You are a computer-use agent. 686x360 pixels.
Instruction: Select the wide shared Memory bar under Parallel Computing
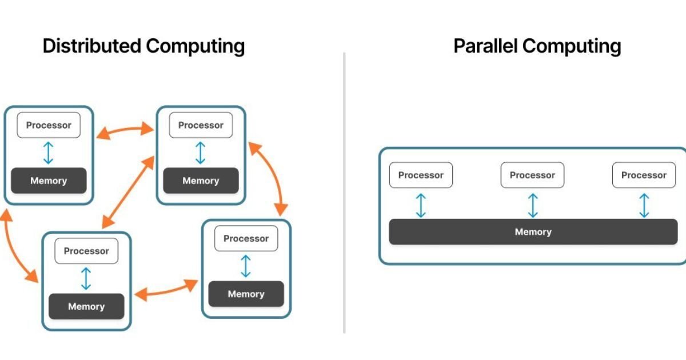[x=533, y=232]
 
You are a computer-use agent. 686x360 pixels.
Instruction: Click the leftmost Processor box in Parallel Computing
[x=421, y=175]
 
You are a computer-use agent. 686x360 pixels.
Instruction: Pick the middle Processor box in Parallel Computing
[x=532, y=175]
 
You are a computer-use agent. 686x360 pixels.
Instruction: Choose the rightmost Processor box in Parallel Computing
[x=644, y=175]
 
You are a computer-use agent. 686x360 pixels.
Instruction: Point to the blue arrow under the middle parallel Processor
[x=533, y=205]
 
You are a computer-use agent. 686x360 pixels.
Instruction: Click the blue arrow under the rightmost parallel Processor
[x=644, y=205]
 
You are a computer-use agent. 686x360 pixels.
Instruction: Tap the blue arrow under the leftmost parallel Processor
[x=421, y=205]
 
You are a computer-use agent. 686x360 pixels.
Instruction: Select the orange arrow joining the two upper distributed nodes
[x=125, y=131]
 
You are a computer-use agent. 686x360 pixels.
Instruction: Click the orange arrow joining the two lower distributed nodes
[x=166, y=291]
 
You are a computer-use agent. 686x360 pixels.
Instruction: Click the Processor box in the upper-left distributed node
[x=49, y=126]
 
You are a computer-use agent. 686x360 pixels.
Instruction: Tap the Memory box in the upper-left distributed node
[x=49, y=181]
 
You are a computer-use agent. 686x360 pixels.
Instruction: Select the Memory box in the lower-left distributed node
[x=86, y=306]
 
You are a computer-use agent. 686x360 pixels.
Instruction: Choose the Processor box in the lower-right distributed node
[x=246, y=238]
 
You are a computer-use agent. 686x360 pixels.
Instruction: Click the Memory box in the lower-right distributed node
[x=246, y=294]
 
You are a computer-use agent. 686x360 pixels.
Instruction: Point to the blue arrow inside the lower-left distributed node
[x=86, y=278]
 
